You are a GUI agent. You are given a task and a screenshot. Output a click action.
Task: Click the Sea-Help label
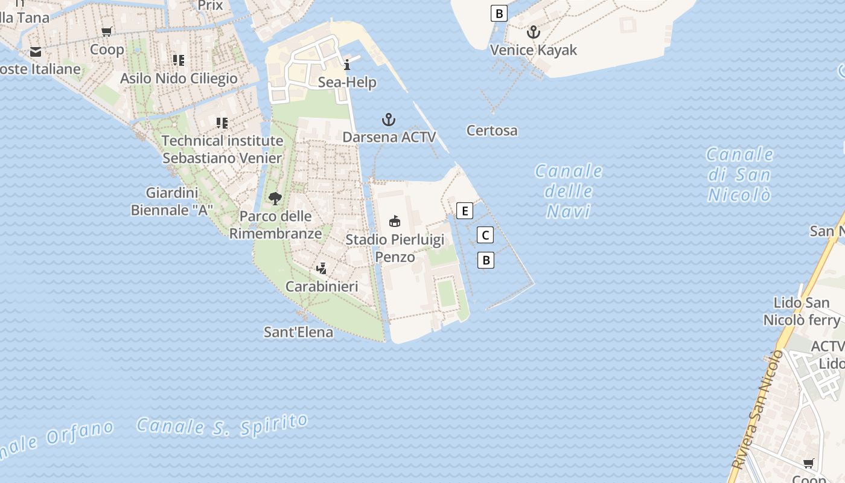347,82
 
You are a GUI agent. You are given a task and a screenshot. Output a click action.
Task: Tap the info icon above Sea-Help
347,65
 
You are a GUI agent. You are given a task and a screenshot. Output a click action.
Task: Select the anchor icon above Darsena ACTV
389,120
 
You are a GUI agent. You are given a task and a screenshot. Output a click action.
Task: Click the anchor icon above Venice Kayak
533,32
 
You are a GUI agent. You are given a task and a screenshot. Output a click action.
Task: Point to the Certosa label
492,130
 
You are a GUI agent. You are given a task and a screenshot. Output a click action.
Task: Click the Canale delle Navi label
569,191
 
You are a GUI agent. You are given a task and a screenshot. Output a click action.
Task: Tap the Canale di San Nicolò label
739,174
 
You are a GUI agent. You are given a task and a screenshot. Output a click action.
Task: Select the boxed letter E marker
464,211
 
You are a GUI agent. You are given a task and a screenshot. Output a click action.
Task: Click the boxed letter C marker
485,235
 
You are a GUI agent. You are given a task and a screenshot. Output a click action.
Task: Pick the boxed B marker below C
485,260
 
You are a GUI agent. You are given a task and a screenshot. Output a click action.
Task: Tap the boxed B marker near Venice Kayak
499,13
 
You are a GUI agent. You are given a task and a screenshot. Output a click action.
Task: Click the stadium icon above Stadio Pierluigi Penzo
395,222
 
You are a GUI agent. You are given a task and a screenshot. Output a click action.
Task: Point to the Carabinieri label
322,286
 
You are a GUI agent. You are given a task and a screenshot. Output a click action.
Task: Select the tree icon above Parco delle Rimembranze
275,198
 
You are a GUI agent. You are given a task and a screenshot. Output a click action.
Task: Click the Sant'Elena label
298,332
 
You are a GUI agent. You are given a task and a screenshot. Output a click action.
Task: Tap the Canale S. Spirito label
222,424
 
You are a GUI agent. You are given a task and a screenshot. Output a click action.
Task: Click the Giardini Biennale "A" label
172,202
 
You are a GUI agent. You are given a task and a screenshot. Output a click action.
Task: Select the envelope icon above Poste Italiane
35,52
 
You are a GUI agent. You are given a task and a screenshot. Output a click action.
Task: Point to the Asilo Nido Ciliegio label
179,78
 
